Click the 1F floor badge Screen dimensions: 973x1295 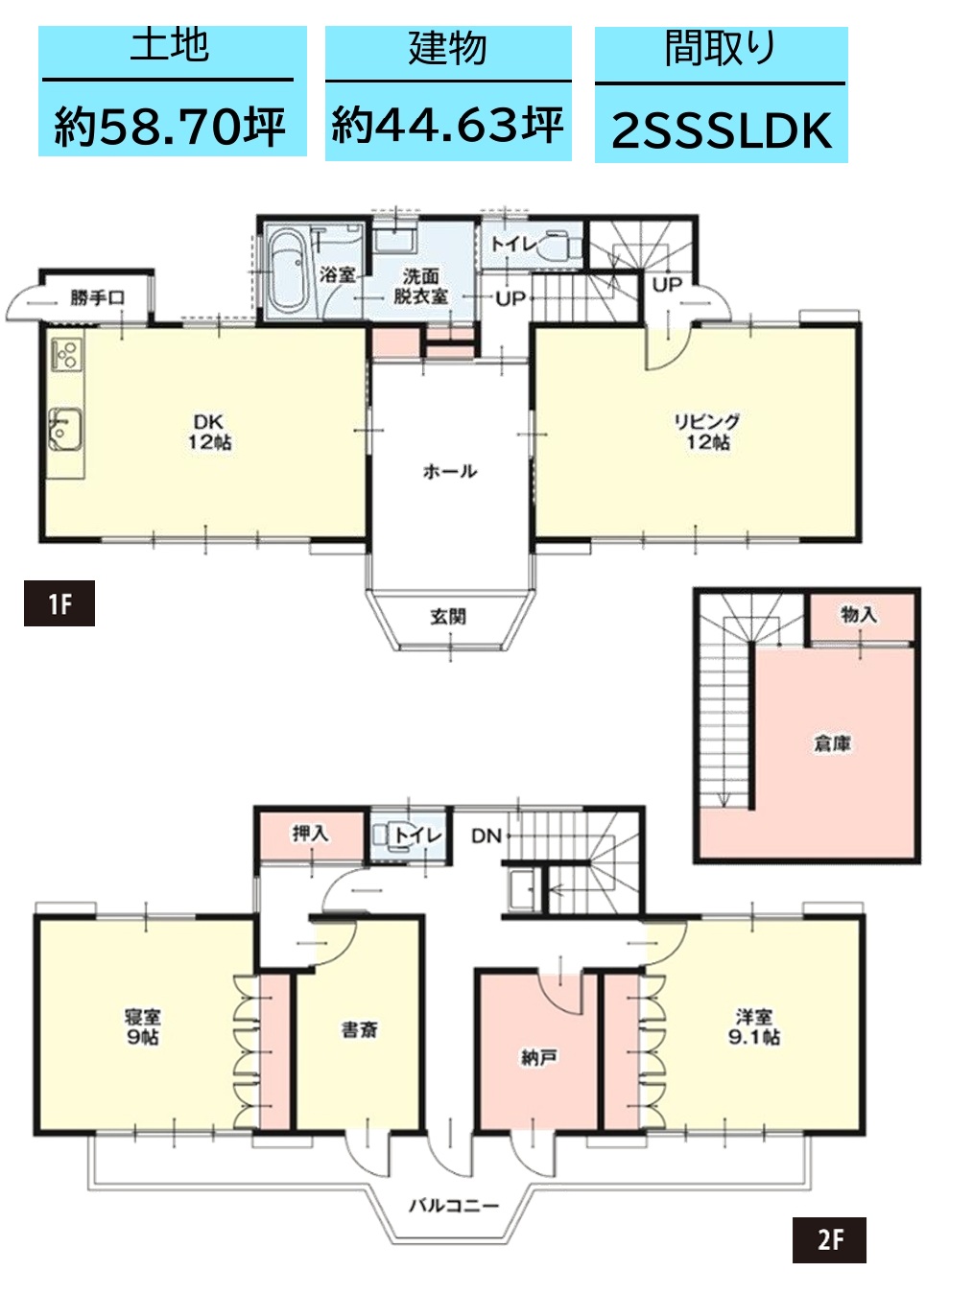point(59,603)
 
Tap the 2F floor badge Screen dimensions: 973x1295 point(829,1239)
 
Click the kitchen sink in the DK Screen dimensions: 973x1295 point(64,430)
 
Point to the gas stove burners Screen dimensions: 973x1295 point(66,354)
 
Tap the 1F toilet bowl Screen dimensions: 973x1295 point(558,246)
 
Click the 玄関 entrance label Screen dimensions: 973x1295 point(448,617)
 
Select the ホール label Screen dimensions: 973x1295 point(450,471)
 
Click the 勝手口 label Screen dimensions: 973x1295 point(97,298)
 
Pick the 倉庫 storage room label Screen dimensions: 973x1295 point(833,744)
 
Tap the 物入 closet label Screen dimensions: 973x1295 point(859,615)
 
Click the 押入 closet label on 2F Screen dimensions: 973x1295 point(310,834)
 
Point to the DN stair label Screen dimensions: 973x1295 point(486,836)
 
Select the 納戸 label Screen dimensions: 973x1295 point(538,1058)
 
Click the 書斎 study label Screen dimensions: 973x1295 point(359,1030)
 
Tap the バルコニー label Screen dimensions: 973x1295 point(454,1206)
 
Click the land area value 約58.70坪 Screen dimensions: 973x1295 point(170,127)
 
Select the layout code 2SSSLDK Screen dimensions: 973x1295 point(722,130)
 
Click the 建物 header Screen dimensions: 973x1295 point(448,48)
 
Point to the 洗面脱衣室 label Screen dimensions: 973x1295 point(420,286)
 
